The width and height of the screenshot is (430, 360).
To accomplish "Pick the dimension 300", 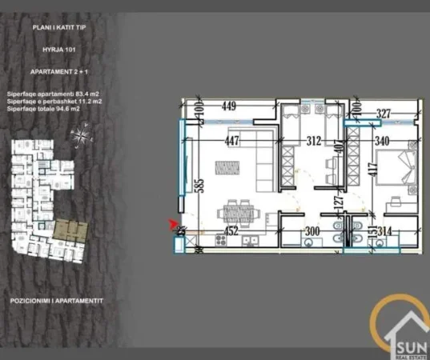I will pos(311,233).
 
